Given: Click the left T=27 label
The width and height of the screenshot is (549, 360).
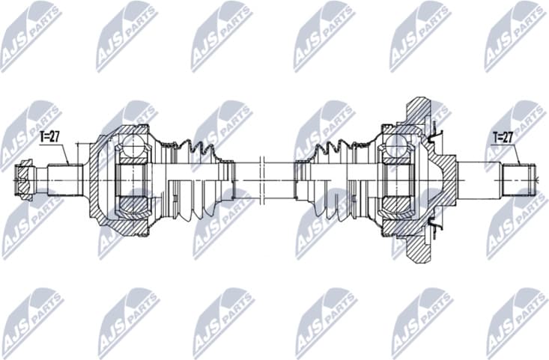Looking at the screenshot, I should click(50, 136).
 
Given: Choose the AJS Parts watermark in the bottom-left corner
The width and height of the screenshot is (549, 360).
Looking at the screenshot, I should click(31, 323).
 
